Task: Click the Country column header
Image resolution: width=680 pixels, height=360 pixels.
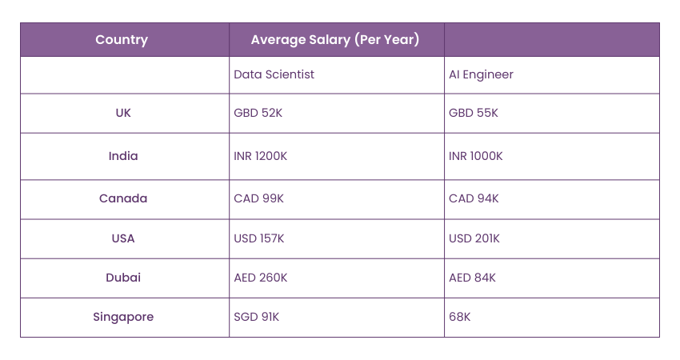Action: (122, 39)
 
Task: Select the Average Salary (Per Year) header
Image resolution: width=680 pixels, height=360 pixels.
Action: (335, 39)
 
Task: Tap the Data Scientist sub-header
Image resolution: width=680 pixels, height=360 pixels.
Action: (274, 74)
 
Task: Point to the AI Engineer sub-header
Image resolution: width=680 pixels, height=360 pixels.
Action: (481, 74)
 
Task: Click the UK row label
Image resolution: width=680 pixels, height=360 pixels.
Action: (123, 113)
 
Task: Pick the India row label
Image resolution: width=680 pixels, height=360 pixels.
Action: (123, 156)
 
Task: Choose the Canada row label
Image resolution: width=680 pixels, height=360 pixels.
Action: (123, 198)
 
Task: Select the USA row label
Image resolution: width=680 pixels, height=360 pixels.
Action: (123, 238)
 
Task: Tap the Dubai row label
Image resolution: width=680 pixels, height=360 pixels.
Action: (123, 278)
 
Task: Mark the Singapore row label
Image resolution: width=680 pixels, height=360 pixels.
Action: (123, 317)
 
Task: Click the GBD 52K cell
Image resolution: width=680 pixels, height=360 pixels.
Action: (258, 113)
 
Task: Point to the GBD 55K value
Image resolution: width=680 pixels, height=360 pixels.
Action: (473, 113)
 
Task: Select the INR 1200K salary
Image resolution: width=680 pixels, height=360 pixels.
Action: (260, 156)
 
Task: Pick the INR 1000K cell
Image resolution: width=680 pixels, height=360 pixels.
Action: (476, 156)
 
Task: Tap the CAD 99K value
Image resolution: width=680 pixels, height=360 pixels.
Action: (258, 198)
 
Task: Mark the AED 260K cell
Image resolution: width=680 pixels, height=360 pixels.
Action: (261, 278)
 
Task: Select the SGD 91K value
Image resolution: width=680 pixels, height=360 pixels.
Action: (257, 317)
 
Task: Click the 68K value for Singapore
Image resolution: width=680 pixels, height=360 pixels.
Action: (460, 317)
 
